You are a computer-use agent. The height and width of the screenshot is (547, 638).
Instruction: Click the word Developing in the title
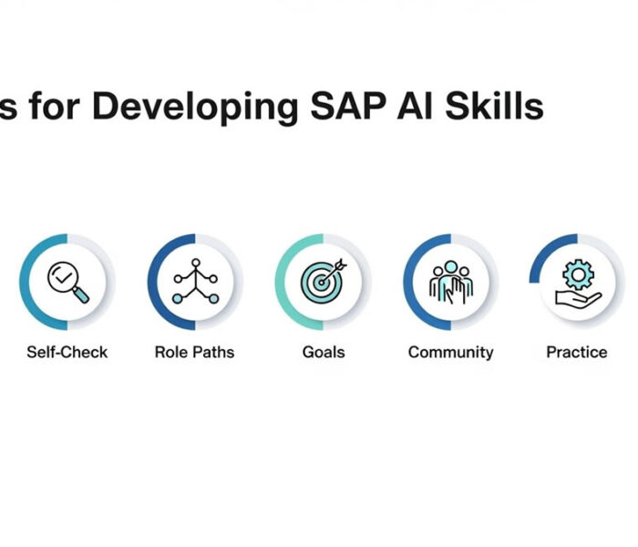194,107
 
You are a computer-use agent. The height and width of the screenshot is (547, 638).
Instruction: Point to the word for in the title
55,107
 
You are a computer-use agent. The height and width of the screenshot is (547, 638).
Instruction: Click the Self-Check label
67,352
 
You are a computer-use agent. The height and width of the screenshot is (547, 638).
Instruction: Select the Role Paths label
194,352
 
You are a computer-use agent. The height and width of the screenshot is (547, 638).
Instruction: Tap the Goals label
324,352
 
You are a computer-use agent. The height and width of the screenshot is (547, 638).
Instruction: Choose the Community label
450,352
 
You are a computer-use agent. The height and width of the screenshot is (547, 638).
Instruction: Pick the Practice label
576,352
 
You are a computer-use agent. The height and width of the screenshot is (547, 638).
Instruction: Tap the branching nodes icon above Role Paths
194,281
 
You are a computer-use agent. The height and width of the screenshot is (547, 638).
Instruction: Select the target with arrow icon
324,281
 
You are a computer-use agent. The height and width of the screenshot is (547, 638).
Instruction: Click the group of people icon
450,281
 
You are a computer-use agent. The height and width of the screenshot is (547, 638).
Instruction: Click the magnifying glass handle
81,294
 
